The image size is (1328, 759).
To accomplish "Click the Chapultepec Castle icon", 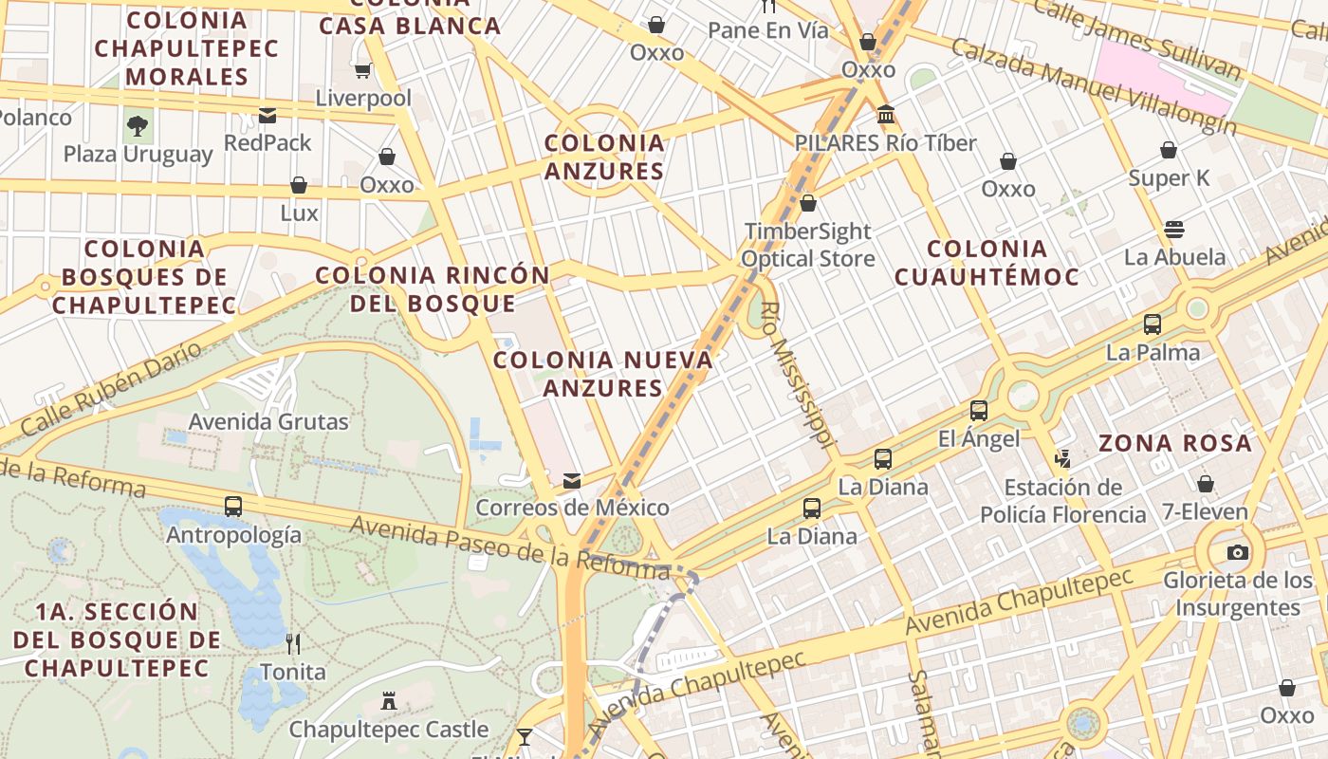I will coord(388,702).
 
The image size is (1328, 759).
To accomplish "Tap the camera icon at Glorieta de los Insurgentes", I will coord(1237,552).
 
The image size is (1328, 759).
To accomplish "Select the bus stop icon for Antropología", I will coord(233,507).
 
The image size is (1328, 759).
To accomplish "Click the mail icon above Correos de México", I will coord(572,481).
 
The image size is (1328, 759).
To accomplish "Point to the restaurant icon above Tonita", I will coord(293,644).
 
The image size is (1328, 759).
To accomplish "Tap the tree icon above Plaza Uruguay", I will coord(138,125).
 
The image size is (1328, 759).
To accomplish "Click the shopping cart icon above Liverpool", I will coord(362,70).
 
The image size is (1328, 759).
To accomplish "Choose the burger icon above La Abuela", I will coord(1174,229).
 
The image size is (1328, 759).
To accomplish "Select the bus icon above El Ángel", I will coord(979,411).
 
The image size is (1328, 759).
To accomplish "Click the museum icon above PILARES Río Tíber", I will coord(886,115).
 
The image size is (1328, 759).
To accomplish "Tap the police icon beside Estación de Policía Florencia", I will coord(1062,459).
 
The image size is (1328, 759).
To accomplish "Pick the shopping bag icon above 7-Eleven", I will coord(1205,484).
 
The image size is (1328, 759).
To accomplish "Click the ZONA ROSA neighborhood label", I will coord(1174,443).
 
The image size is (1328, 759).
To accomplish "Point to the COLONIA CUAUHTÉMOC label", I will coord(986,263).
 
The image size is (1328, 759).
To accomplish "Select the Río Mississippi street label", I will coord(797,374).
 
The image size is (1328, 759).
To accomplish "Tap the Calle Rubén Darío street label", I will coord(111,390).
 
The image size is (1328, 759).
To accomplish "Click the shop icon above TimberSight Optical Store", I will coord(808,203).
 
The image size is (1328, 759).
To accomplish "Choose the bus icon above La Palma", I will coord(1153,324).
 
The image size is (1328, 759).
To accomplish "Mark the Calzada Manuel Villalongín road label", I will coord(1093,86).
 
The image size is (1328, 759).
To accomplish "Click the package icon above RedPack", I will coord(267,116).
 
